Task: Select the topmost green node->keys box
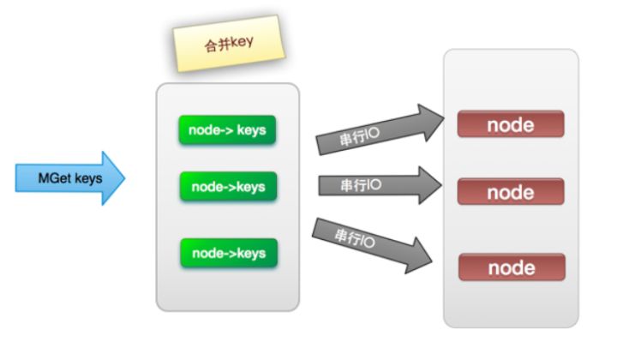(228, 129)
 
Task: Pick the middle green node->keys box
(228, 186)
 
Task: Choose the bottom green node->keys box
(228, 253)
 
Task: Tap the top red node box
(511, 125)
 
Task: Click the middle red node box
(511, 192)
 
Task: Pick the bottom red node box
(511, 267)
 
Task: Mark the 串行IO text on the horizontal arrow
(360, 185)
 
